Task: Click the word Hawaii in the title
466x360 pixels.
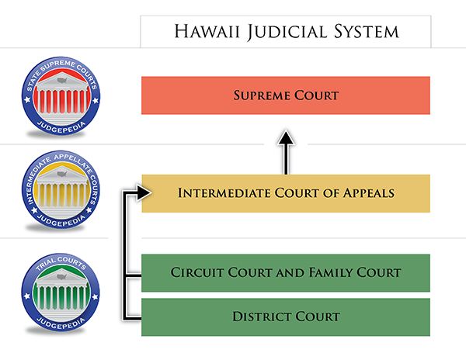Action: [207, 32]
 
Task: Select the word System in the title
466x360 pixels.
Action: [366, 32]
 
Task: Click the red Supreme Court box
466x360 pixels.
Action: [286, 95]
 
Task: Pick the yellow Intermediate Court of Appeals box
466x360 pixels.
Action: [286, 193]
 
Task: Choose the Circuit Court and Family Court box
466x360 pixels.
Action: [286, 273]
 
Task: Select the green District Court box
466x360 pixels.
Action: [286, 317]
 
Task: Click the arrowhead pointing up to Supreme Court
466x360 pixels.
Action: [286, 137]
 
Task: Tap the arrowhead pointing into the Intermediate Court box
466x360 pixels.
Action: [144, 193]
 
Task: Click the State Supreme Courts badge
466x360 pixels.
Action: [61, 96]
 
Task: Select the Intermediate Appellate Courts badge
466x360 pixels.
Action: [61, 189]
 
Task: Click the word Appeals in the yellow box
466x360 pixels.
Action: [369, 193]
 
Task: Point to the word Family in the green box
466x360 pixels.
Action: [330, 272]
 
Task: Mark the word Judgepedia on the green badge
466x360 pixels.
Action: [61, 324]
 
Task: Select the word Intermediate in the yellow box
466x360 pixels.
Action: [224, 193]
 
